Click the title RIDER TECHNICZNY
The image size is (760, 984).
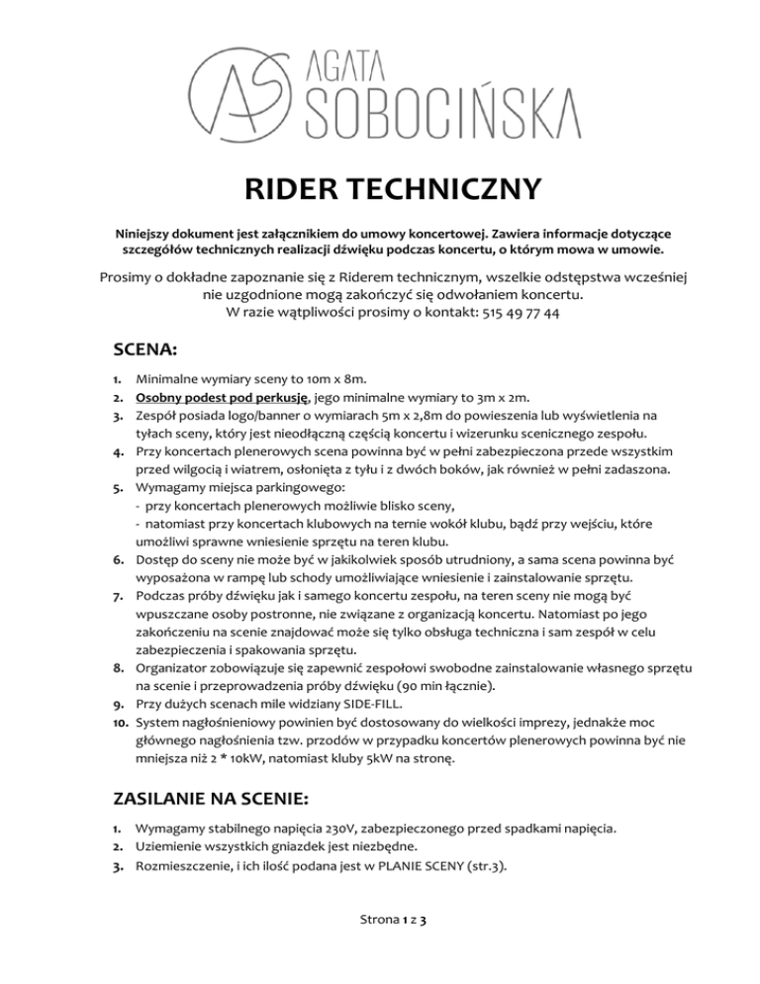pos(380,189)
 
